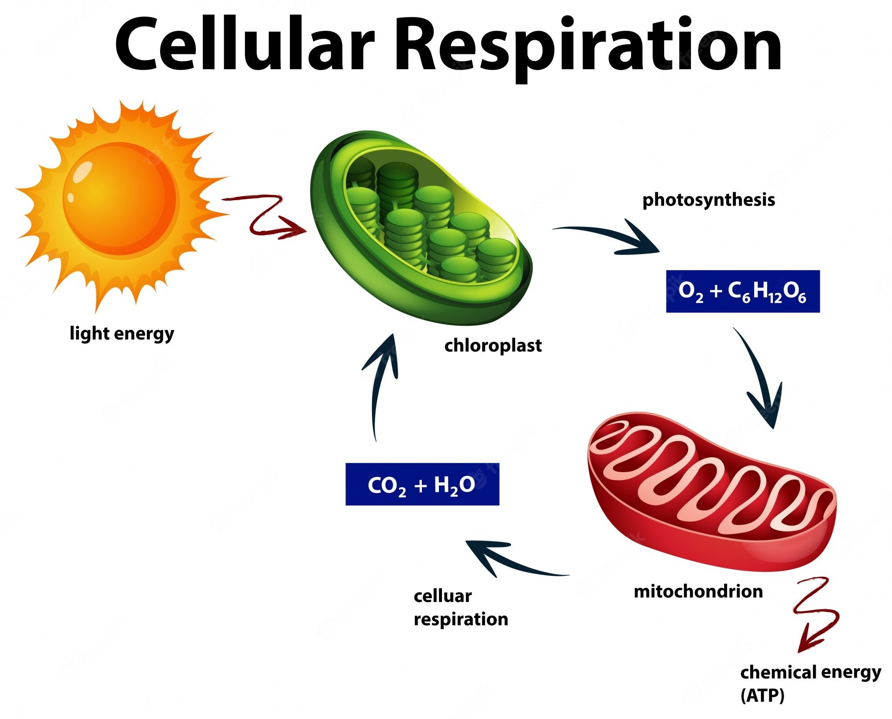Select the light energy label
coord(122,333)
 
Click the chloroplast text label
coord(493,345)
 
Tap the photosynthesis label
coord(708,200)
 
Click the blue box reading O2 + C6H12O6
coord(743,292)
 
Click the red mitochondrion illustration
coord(712,490)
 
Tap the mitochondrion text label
coord(698,592)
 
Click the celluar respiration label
coord(461,608)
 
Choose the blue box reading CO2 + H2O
coord(422,485)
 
